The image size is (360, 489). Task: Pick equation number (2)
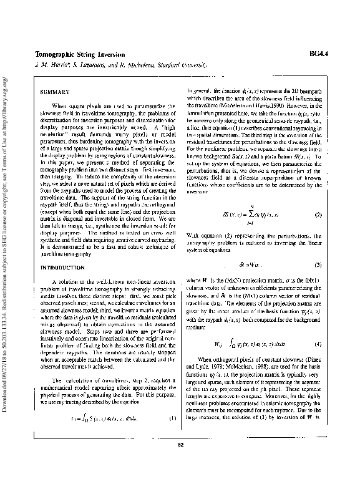point(318,215)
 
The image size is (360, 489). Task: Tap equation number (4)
point(318,344)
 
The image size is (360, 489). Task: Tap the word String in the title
point(89,55)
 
